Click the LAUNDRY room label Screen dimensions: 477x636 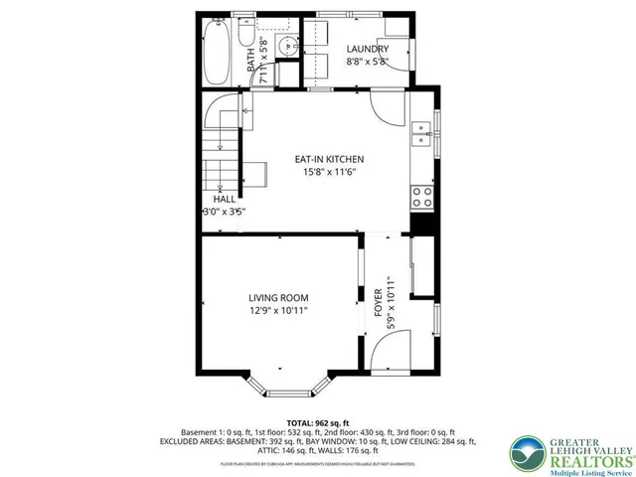pos(367,50)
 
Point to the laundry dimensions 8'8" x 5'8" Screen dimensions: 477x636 pos(367,62)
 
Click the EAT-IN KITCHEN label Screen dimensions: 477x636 pos(329,159)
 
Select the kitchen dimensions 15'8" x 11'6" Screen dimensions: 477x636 pos(329,172)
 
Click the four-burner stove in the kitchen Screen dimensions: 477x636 pos(422,195)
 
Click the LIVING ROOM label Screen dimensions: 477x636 pos(278,297)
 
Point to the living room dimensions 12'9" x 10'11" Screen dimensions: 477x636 pos(278,310)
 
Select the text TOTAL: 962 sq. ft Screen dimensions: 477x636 pos(318,422)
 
